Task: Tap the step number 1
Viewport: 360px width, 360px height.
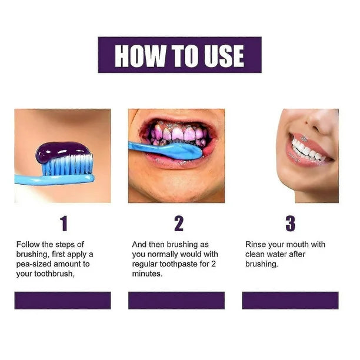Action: click(64, 224)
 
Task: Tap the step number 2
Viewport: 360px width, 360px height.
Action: click(179, 224)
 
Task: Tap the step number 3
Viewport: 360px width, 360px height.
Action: click(290, 224)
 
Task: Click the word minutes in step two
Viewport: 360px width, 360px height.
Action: click(146, 274)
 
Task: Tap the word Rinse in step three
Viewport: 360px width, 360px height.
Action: click(256, 244)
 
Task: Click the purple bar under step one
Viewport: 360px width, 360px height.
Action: click(62, 300)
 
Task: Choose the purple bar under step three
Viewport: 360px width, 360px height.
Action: click(290, 300)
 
